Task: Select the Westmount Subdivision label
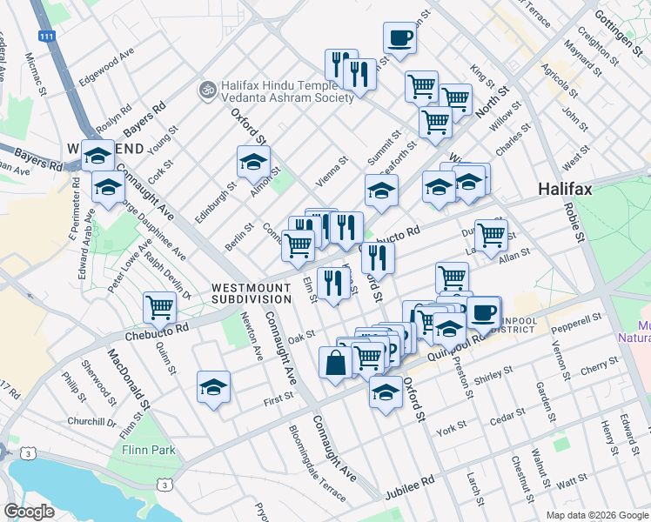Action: pos(251,292)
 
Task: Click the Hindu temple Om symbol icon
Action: pos(207,89)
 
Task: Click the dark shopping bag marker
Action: pos(336,364)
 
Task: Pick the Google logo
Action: pos(29,512)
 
